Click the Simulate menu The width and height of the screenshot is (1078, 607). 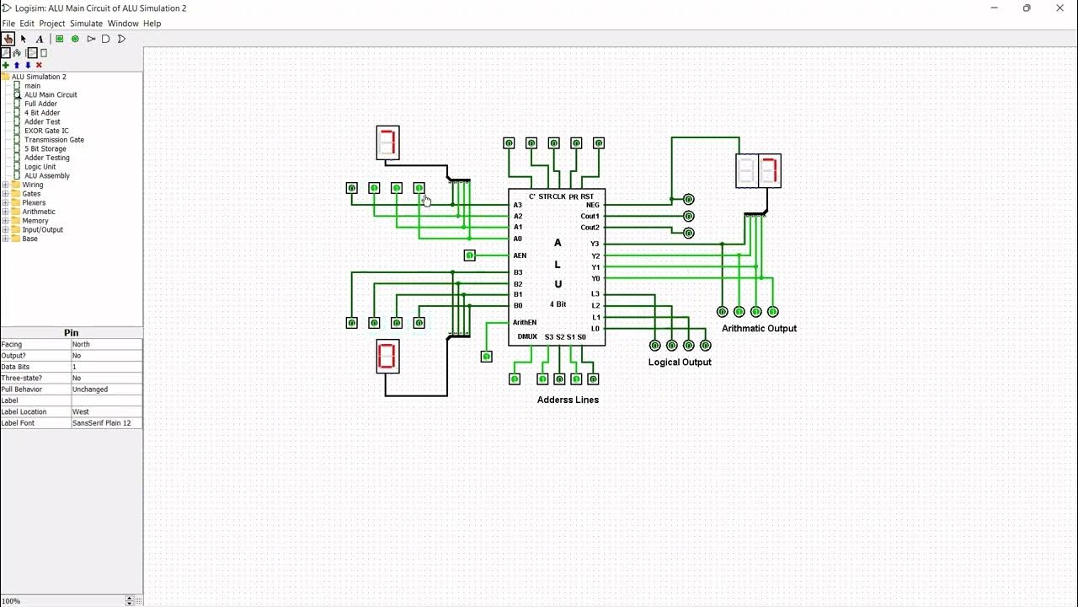coord(86,24)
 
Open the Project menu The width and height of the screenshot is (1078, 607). coord(51,24)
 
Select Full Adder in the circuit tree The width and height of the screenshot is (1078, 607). coord(40,104)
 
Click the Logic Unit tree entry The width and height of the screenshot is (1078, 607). coord(40,167)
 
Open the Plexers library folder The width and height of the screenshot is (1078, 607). coord(34,203)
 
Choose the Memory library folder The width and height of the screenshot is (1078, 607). coord(35,221)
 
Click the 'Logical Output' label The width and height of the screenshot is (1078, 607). coord(680,363)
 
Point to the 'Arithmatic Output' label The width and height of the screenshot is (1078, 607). coord(759,329)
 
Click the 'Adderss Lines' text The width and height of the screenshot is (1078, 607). coord(568,400)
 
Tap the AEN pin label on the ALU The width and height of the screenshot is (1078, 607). coord(520,255)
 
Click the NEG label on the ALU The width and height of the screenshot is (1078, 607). coord(593,205)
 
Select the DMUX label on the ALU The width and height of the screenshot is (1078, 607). coord(527,336)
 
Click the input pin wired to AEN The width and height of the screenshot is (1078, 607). coord(470,255)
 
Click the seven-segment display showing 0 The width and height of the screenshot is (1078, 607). coord(387,357)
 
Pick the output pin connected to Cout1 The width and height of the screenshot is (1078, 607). coord(688,217)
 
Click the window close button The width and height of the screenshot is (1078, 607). coord(1059,8)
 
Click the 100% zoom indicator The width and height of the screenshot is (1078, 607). coord(12,601)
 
